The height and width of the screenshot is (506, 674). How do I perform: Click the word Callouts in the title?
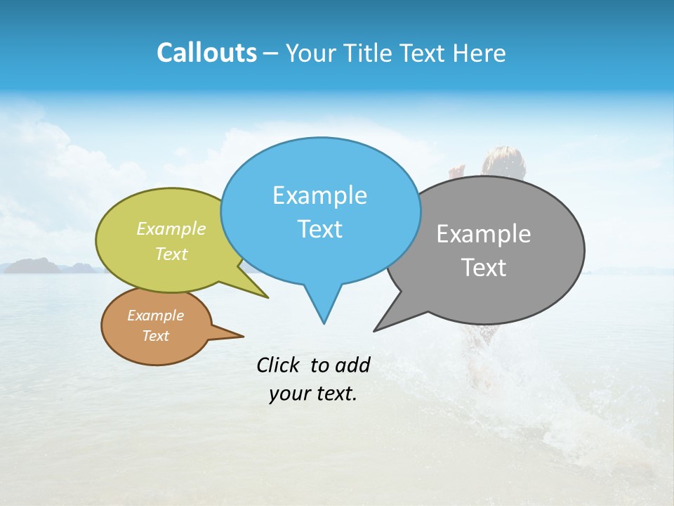[x=206, y=53]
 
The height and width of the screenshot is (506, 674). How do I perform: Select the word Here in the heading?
[x=480, y=53]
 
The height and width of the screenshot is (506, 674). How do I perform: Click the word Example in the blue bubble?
[x=319, y=195]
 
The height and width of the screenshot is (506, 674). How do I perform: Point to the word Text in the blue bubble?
[x=319, y=229]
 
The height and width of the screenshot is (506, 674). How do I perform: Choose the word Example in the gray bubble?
[x=484, y=234]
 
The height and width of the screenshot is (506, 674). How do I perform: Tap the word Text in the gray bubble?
[x=484, y=268]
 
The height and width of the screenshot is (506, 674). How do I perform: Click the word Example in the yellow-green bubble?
[x=171, y=228]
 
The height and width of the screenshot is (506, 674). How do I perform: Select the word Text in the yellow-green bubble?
[x=171, y=254]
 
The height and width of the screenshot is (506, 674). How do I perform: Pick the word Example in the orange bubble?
[x=156, y=316]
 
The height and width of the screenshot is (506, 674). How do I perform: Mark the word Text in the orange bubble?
[x=156, y=336]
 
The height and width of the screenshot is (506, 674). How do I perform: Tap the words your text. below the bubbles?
[x=312, y=394]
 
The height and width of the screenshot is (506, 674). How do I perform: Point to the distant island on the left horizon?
[x=32, y=265]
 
